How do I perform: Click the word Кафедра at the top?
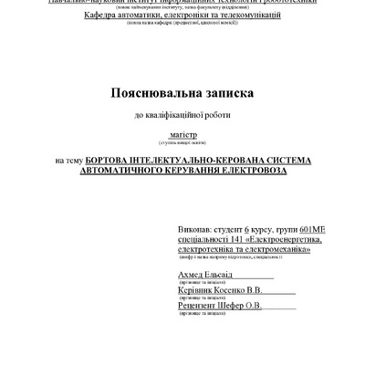(105, 16)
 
